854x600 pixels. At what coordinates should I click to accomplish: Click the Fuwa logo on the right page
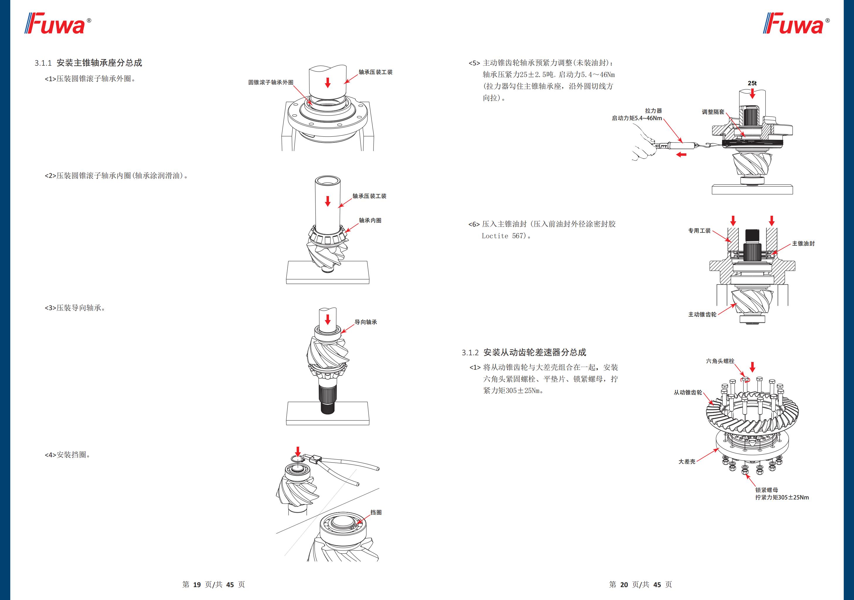tap(796, 24)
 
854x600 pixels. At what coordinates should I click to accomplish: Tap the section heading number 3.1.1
tap(43, 63)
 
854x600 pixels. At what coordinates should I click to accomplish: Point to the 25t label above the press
tap(752, 83)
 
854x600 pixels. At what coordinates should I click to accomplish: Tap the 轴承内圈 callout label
tap(370, 220)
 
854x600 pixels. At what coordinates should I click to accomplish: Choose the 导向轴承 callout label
tap(366, 322)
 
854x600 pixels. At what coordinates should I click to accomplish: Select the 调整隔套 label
tap(713, 112)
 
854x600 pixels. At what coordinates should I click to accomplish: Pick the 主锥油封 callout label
tap(803, 243)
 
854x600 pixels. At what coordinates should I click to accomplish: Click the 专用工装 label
tap(699, 231)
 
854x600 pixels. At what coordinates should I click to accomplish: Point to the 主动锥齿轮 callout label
tap(702, 314)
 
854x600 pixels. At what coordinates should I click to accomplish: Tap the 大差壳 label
tap(687, 461)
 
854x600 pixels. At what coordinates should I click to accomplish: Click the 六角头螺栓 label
tap(720, 361)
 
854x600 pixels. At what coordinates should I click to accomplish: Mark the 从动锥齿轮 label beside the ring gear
tap(688, 392)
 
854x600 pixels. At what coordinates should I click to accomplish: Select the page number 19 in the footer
tap(197, 585)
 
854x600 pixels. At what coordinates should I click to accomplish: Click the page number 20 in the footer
tap(624, 585)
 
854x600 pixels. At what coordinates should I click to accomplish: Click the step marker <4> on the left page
tap(50, 455)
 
